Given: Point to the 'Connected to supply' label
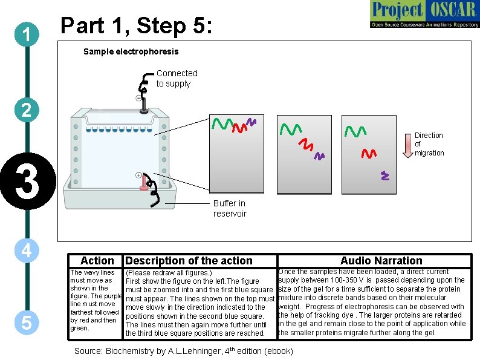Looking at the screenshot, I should [x=177, y=78].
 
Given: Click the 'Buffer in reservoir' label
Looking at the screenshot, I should [x=230, y=208].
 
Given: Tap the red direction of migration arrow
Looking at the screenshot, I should [x=406, y=143].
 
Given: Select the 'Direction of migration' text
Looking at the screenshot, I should [x=429, y=144].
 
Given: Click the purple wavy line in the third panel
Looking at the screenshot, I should [x=384, y=176].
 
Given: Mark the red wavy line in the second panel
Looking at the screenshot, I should [x=306, y=145].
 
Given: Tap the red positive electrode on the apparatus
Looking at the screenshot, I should [x=144, y=182].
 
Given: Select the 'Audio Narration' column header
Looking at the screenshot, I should [x=381, y=261].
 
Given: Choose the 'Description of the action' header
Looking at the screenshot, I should [x=189, y=261].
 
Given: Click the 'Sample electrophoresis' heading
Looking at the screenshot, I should [x=131, y=51].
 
